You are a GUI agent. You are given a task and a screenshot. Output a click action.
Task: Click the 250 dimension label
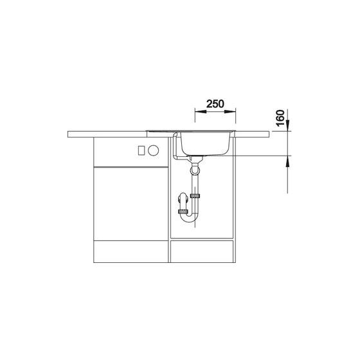click(215, 104)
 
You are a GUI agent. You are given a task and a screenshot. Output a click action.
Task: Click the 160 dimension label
click(280, 118)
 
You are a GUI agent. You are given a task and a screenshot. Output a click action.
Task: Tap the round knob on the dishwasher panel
click(154, 150)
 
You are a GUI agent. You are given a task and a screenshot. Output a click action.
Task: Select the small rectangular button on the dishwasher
click(141, 150)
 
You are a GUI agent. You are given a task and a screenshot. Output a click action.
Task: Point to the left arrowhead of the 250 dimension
click(201, 112)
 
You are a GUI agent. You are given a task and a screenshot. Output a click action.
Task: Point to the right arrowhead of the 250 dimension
click(230, 112)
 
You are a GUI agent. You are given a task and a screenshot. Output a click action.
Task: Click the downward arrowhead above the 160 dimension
click(287, 125)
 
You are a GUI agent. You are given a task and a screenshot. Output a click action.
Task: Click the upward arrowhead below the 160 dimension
click(287, 161)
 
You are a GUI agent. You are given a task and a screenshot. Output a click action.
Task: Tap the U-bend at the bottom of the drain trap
click(189, 217)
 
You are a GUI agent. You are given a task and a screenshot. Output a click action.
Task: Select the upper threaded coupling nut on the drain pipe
click(195, 196)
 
